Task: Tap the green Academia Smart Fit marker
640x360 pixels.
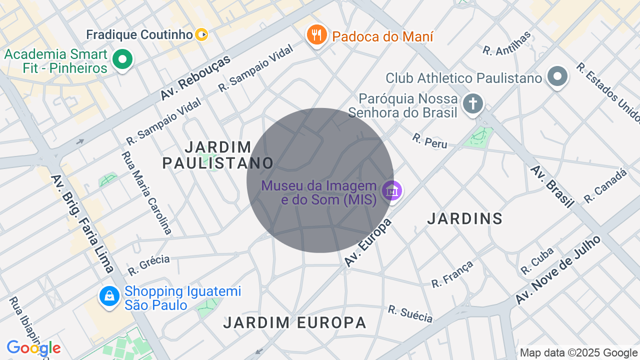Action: point(121,60)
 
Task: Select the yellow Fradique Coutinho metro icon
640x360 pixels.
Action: point(201,34)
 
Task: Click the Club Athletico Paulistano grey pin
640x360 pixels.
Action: point(557,77)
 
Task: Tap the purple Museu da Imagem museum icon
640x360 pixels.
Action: point(392,191)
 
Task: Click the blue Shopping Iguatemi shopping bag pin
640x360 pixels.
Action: point(109,296)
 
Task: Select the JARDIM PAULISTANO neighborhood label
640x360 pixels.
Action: point(218,155)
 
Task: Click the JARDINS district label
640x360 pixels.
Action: point(465,218)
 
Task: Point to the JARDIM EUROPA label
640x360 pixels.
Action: point(295,322)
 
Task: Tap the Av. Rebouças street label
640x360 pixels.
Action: point(195,77)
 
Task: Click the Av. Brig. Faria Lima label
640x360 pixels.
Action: point(81,223)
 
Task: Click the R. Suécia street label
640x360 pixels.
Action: point(410,313)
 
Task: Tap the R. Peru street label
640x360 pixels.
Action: point(429,140)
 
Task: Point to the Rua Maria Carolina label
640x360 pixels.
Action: point(146,192)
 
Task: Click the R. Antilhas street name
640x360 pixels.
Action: point(506,43)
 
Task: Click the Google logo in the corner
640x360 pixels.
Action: point(33,348)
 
